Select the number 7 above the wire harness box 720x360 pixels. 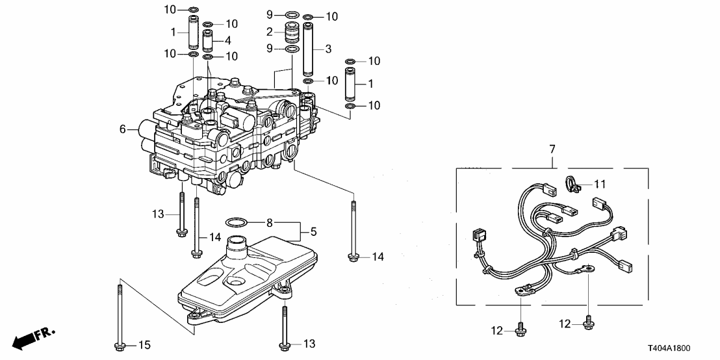coord(552,151)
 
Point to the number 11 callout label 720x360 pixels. coord(599,184)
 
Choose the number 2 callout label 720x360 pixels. coord(268,31)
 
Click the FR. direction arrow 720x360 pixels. coord(32,337)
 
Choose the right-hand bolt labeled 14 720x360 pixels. coord(353,231)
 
